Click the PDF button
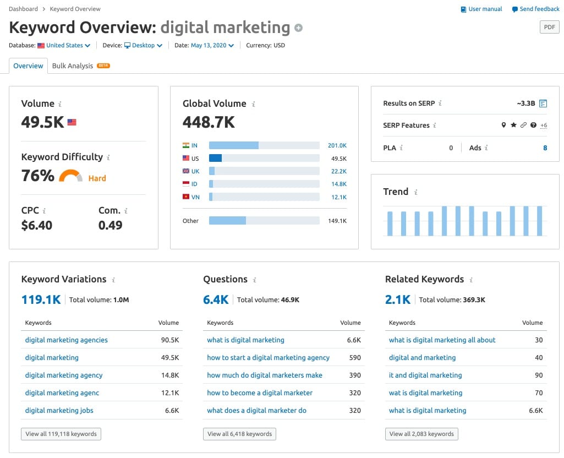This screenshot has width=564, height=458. pos(549,27)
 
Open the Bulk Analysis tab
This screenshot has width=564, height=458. pos(73,66)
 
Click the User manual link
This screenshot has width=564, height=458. pos(481,9)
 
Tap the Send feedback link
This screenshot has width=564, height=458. pos(535,9)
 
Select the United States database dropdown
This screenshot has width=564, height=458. pos(64,45)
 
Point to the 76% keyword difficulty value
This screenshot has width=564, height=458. pos(37,176)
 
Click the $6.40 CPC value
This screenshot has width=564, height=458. pos(36,225)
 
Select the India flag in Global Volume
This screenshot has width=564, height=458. pos(186,145)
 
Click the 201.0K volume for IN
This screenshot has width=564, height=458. pos(337,145)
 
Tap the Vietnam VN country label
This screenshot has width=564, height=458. pos(195,197)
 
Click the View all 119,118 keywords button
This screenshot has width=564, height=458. pos(61,434)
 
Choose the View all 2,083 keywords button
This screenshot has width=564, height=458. pos(421,434)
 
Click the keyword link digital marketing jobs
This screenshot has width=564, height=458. pos(59,410)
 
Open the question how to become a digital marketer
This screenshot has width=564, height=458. pos(259,392)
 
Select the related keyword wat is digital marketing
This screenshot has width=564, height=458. pos(425,392)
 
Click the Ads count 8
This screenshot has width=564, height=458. pos(545,148)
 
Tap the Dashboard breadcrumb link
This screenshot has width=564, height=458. pos(23,9)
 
